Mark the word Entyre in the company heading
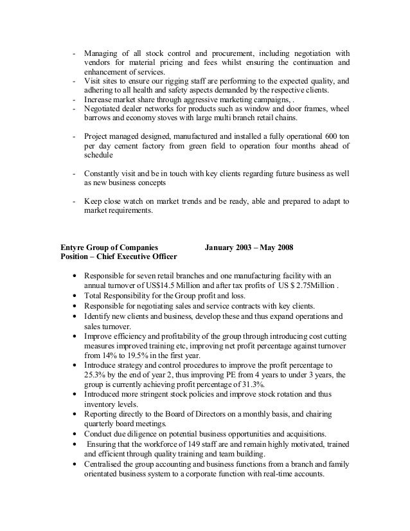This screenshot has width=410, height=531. click(74, 246)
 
